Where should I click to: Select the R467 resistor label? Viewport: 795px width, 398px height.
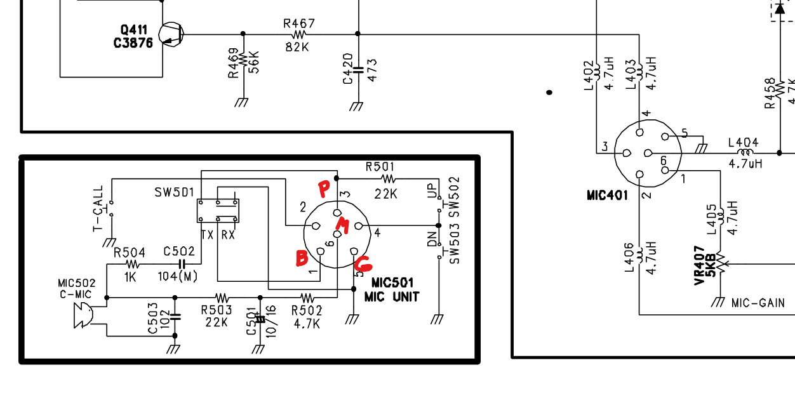coord(298,23)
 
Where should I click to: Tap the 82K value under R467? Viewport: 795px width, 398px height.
coord(297,46)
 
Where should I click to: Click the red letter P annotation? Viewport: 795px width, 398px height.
coord(324,189)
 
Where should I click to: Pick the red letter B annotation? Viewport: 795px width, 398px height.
coord(302,258)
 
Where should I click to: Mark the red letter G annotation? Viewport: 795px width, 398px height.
coord(363,263)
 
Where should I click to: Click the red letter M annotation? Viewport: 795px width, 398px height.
coord(343,225)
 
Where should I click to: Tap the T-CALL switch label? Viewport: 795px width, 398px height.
coord(98,209)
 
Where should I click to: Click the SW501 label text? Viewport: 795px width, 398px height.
coord(174,192)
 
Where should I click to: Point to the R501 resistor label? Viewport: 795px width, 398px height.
coord(380,167)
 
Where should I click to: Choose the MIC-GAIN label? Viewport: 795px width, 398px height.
coord(758,303)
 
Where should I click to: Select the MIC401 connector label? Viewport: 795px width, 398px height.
coord(608,195)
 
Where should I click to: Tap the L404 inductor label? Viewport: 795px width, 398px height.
coord(743,143)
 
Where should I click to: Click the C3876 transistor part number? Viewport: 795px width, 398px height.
coord(133,44)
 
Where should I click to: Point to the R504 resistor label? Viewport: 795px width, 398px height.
coord(130,253)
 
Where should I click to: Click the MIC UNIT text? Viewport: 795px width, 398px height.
coord(392,296)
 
